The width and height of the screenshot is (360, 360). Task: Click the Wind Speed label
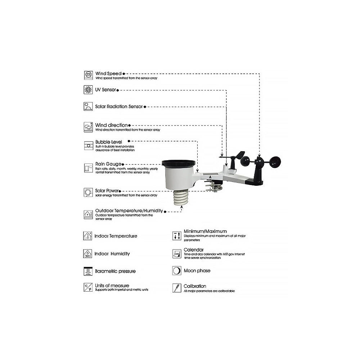pos(108,73)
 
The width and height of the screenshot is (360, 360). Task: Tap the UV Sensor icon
pos(88,90)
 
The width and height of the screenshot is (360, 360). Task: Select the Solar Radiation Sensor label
pos(119,107)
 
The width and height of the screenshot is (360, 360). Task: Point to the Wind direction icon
pos(88,127)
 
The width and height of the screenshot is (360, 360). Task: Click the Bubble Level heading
pos(108,142)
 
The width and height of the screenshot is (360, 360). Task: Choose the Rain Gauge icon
pos(88,168)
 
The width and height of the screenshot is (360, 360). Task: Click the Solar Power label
pos(107,190)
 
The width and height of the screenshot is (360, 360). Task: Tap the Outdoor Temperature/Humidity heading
pos(129,211)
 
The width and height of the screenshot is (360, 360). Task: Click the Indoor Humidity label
pos(112,253)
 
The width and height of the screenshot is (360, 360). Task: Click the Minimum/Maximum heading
pos(205,231)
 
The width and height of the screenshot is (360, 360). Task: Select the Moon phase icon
pos(176,270)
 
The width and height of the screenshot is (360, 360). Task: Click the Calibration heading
pos(195,286)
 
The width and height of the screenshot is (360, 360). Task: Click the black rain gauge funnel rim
pos(179,164)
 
